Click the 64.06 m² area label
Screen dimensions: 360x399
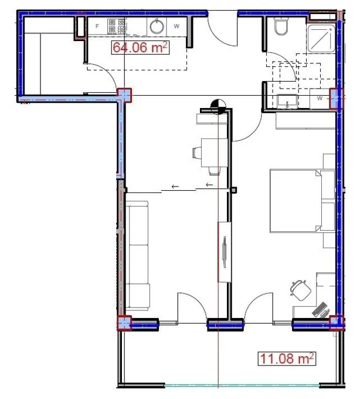pyautogui.click(x=140, y=48)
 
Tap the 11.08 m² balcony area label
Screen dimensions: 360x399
pyautogui.click(x=287, y=359)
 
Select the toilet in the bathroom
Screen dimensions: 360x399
pyautogui.click(x=281, y=26)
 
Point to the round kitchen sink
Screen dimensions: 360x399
pyautogui.click(x=157, y=26)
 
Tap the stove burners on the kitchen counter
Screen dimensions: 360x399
pyautogui.click(x=117, y=26)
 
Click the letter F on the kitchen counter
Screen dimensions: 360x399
pyautogui.click(x=97, y=26)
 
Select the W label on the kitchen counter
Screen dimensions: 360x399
pyautogui.click(x=176, y=26)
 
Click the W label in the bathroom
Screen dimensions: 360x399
pyautogui.click(x=320, y=98)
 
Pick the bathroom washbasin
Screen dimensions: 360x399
pyautogui.click(x=287, y=102)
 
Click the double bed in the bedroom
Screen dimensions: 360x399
pyautogui.click(x=303, y=201)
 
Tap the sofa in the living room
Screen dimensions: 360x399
pyautogui.click(x=138, y=255)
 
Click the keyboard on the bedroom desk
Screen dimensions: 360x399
pyautogui.click(x=320, y=309)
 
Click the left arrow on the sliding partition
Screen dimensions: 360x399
pyautogui.click(x=175, y=187)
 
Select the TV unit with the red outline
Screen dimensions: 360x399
pyautogui.click(x=225, y=252)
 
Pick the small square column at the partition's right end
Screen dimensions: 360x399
pyautogui.click(x=233, y=190)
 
